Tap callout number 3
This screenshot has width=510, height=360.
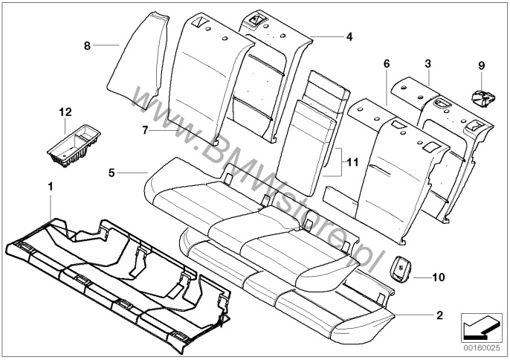[x=428, y=65]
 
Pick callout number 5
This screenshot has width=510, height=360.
[x=111, y=173]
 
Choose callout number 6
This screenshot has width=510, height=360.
[x=386, y=65]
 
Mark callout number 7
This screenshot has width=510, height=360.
[x=145, y=129]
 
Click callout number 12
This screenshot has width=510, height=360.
[x=65, y=112]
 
